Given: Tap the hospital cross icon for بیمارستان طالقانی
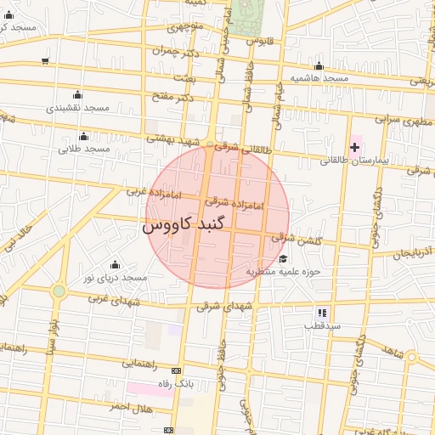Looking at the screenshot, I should click(x=354, y=148).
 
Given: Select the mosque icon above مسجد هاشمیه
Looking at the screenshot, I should click(x=319, y=66).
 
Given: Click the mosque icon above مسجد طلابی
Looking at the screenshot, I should click(x=83, y=137).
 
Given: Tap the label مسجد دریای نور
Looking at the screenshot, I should click(x=110, y=278).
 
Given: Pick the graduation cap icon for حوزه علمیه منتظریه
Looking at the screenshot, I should click(x=282, y=259).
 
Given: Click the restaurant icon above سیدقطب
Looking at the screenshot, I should click(x=322, y=313).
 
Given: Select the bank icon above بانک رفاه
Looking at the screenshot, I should click(x=176, y=371).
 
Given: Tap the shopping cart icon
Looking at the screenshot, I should click(x=44, y=60).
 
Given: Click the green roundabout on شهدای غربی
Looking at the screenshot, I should click(x=59, y=291).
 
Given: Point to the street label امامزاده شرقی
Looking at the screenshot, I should click(x=234, y=204).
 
